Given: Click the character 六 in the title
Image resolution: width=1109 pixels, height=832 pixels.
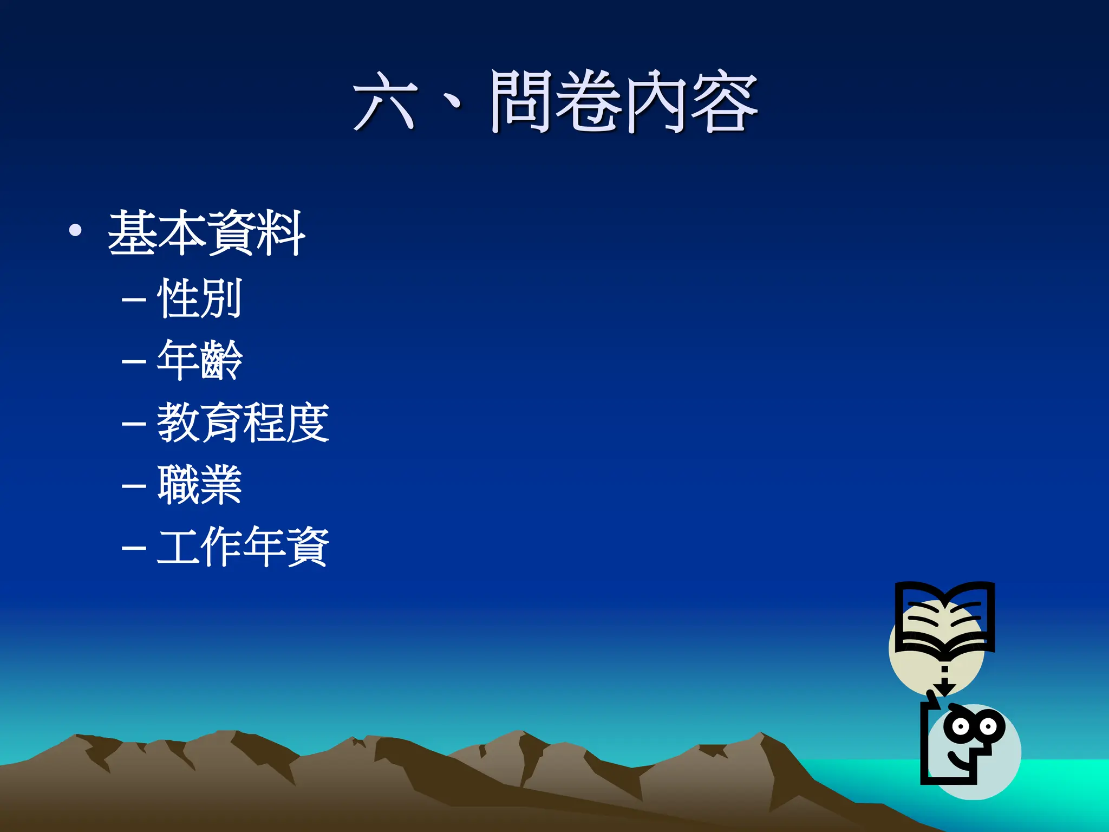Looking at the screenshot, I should click(385, 101).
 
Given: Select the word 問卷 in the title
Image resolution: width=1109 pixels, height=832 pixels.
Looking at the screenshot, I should click(555, 101).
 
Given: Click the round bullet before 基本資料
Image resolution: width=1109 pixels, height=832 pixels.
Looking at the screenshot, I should click(75, 231).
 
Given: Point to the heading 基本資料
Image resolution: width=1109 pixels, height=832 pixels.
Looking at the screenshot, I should click(206, 233).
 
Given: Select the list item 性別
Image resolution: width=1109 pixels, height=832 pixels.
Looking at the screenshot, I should click(199, 298).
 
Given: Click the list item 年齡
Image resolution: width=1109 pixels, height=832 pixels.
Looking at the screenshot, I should click(199, 360).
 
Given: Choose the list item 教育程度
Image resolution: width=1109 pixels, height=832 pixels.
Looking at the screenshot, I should click(243, 422).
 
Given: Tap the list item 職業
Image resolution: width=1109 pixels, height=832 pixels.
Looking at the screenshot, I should click(199, 485).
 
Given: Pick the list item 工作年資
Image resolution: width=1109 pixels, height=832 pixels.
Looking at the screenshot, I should click(243, 547).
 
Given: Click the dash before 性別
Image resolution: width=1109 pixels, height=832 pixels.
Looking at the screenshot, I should click(134, 300).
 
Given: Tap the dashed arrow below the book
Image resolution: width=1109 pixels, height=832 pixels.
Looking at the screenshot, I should click(944, 680).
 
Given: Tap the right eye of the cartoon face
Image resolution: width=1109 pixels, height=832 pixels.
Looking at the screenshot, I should click(989, 726).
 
